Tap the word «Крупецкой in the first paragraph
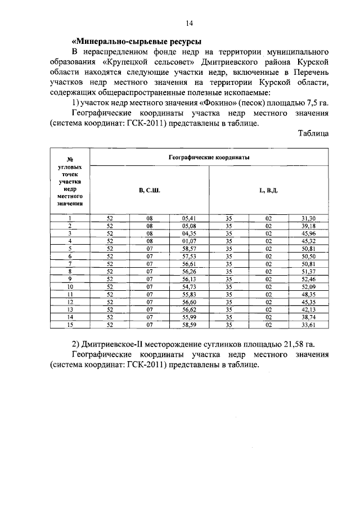[125, 62]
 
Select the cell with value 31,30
[308, 218]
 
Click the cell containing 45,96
[308, 233]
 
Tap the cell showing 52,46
[308, 278]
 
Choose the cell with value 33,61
[308, 324]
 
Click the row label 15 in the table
[70, 324]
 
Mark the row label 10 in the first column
[70, 286]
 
